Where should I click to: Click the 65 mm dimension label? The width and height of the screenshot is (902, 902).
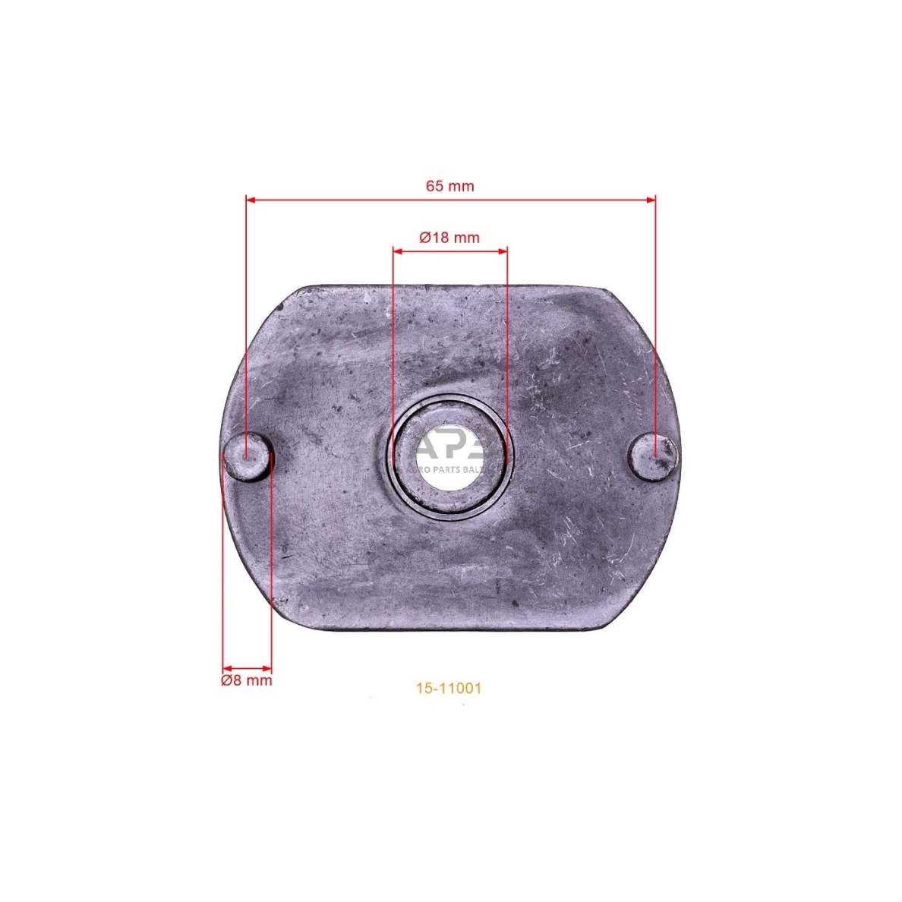click(449, 186)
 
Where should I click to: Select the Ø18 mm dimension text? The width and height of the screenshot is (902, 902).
click(449, 237)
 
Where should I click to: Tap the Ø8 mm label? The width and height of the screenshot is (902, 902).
click(246, 680)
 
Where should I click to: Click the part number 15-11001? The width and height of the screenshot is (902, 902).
click(448, 688)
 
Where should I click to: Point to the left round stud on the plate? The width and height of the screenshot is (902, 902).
click(248, 457)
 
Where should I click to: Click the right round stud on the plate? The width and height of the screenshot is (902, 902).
click(654, 457)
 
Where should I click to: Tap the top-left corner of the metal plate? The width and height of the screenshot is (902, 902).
click(300, 291)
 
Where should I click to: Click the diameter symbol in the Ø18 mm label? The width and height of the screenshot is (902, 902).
click(425, 237)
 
